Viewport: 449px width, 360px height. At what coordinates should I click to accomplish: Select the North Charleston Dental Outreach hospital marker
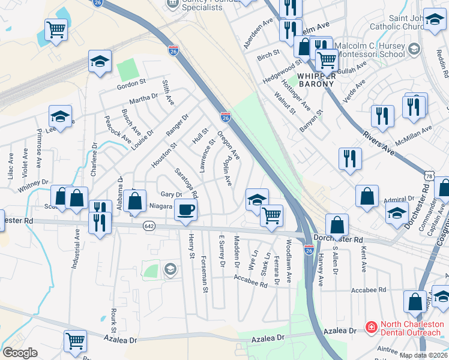[371, 328]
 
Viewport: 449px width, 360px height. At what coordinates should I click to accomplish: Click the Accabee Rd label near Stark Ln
[251, 282]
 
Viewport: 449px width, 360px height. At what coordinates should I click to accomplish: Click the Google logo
[20, 353]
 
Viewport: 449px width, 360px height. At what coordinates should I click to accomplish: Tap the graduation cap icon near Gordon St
[100, 61]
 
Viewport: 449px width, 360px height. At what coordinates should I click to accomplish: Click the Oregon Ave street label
[229, 146]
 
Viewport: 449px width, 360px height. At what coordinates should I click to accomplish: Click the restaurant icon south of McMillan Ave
[349, 158]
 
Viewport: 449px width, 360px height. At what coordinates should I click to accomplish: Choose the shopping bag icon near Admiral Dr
[366, 196]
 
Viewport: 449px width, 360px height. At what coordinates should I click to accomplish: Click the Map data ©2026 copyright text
[423, 355]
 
